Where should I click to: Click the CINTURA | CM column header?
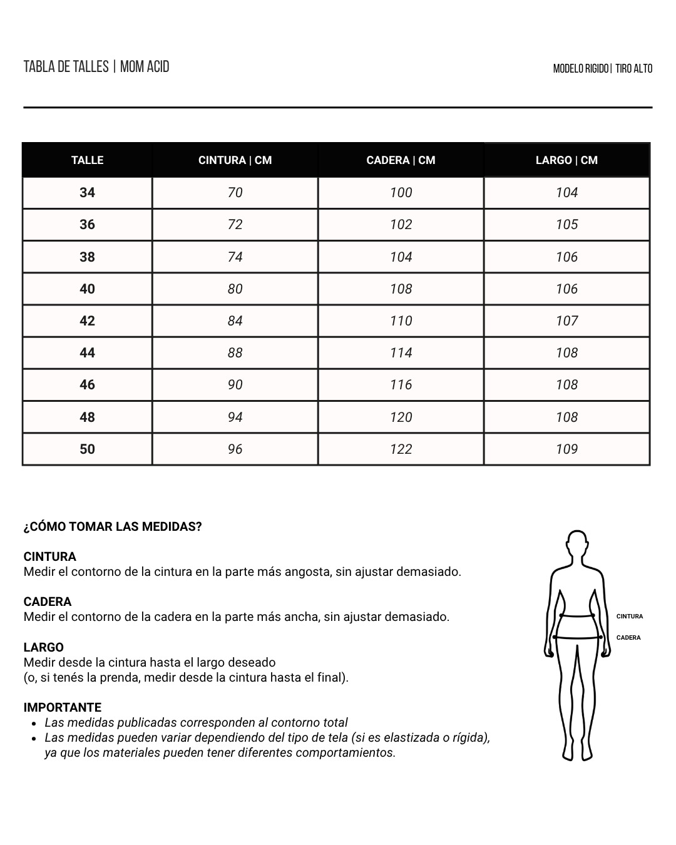[235, 160]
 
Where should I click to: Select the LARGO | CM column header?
[566, 160]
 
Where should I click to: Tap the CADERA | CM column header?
[401, 160]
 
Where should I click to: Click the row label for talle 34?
[87, 193]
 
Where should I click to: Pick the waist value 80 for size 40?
[235, 289]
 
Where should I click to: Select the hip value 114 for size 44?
[401, 353]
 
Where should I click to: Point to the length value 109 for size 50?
[566, 449]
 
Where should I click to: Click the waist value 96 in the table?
[235, 449]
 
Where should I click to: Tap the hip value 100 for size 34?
[401, 193]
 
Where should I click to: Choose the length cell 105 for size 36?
[566, 225]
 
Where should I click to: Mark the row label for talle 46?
[87, 385]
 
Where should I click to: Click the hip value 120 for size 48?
[401, 417]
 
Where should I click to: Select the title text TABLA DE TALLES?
[66, 67]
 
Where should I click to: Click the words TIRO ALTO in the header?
[633, 69]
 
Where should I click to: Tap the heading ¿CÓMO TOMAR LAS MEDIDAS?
[113, 527]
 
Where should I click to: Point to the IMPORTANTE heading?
[62, 708]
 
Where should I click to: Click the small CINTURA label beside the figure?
[629, 617]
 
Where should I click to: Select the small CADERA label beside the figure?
[628, 638]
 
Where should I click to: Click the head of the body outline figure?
[576, 546]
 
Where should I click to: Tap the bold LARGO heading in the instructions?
[43, 648]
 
